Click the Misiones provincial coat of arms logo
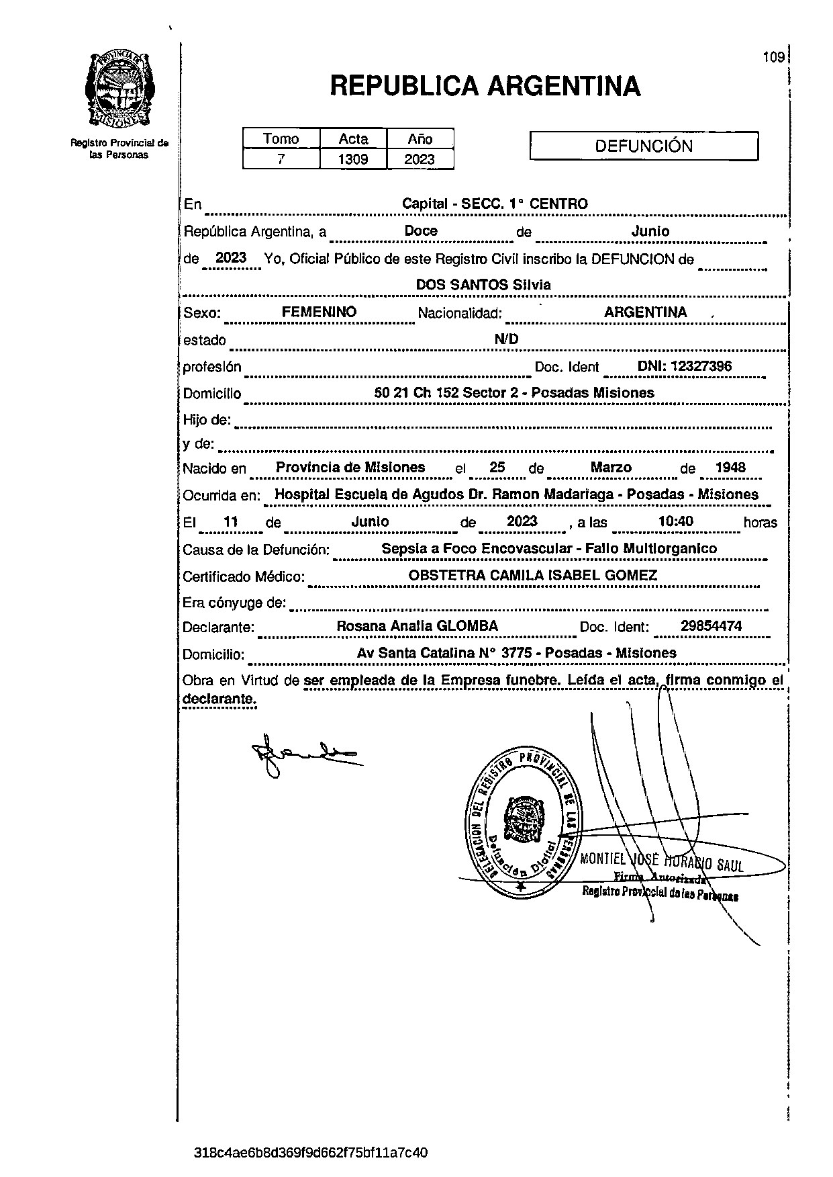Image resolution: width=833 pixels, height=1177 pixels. (x=119, y=89)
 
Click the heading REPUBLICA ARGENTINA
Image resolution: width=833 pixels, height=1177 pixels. (x=485, y=87)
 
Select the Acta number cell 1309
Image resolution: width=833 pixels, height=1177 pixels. (x=353, y=159)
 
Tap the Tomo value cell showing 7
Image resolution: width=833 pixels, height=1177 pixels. (x=281, y=159)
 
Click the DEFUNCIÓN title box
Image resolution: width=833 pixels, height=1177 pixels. (x=644, y=146)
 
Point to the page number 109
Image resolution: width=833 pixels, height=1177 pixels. (x=773, y=58)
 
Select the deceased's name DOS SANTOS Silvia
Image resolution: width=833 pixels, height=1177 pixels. (x=483, y=285)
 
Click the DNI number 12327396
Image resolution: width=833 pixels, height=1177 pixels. (x=684, y=366)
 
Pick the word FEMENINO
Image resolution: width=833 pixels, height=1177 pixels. (x=319, y=312)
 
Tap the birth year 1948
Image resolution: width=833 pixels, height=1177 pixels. (x=730, y=468)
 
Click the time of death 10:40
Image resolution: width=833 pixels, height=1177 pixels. (x=675, y=521)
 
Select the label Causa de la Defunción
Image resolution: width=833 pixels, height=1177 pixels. (x=256, y=550)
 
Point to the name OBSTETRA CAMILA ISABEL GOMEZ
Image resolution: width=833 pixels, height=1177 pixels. (x=532, y=575)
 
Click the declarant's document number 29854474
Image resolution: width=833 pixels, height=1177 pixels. (x=711, y=626)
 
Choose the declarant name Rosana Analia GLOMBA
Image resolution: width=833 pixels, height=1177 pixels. (x=417, y=626)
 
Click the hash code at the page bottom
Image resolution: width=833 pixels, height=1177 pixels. (x=310, y=1152)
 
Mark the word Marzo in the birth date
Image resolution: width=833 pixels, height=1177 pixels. (x=611, y=468)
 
